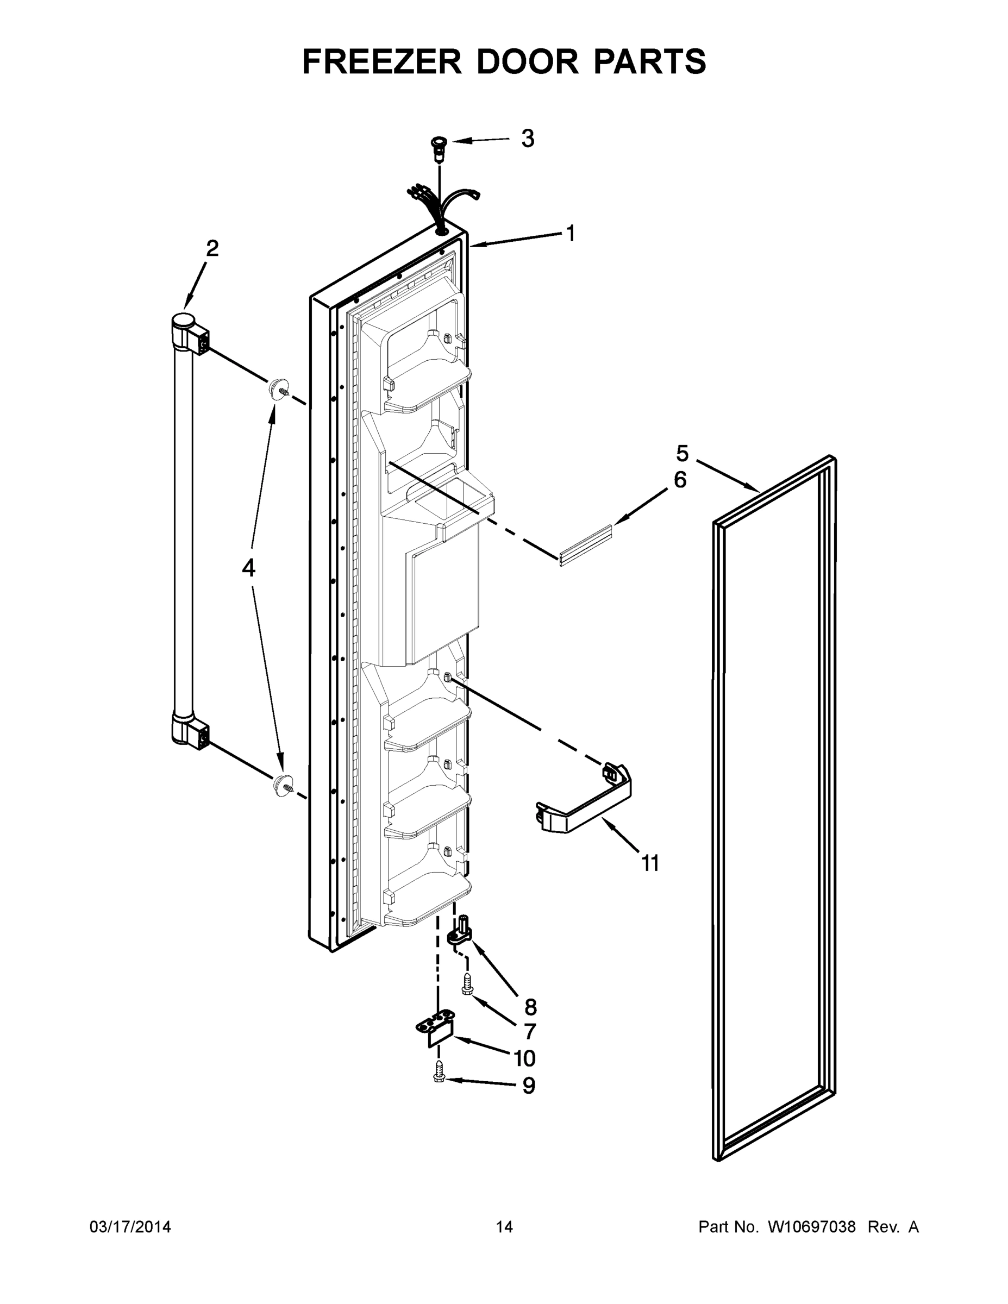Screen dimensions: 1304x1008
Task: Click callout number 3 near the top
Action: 527,139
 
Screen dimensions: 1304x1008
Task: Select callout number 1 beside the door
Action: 570,234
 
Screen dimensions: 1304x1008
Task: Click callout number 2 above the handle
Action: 212,248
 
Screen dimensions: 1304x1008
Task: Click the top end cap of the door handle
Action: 184,322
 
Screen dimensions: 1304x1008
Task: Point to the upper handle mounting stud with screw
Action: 278,389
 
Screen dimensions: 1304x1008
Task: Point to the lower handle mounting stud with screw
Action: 282,785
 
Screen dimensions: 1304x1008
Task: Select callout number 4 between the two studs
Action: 248,568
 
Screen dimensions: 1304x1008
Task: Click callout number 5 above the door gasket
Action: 682,454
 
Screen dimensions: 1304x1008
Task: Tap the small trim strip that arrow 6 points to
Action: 586,544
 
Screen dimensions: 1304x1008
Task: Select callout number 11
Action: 650,863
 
